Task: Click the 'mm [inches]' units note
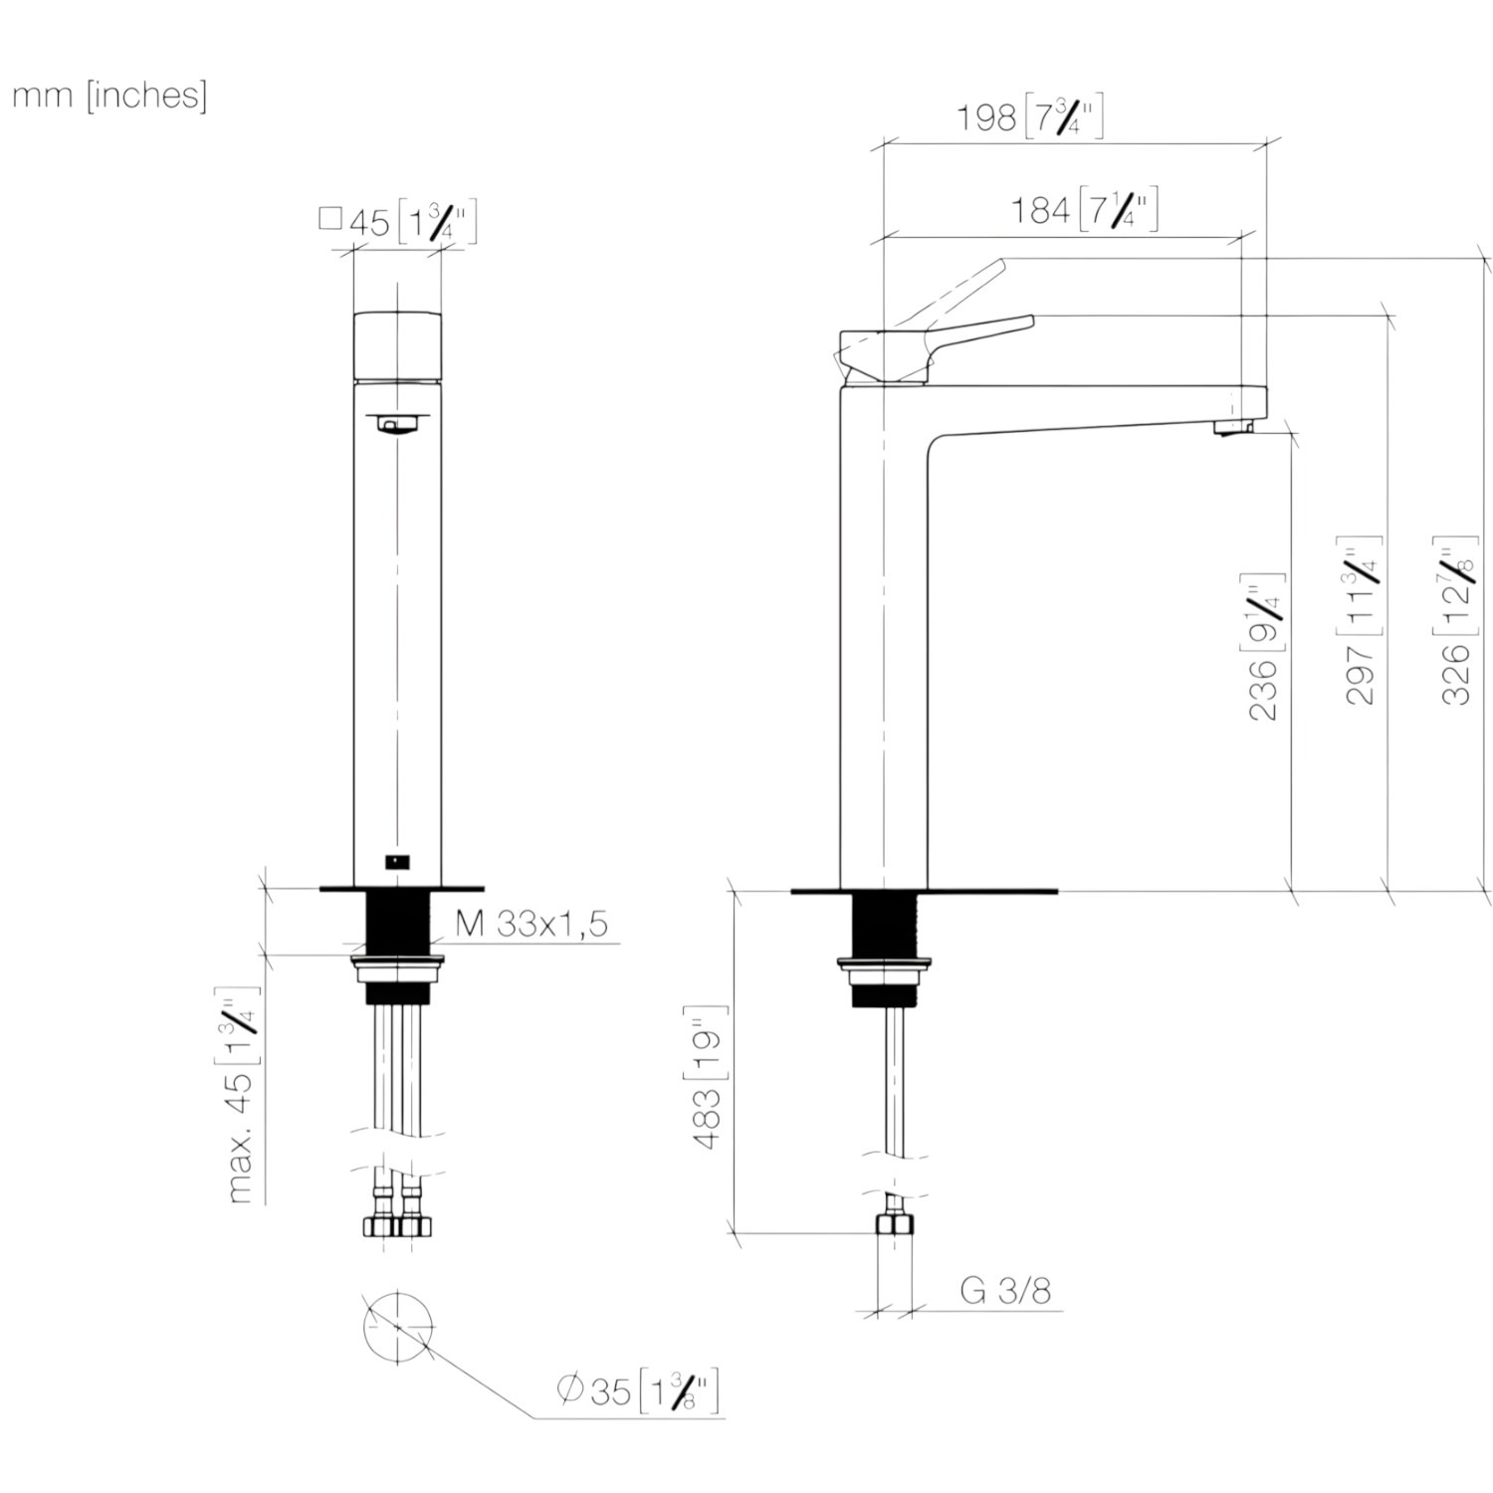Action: pos(109,96)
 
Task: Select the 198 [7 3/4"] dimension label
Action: pos(1030,116)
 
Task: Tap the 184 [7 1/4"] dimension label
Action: pos(1085,209)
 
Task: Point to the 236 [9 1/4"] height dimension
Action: pos(1265,647)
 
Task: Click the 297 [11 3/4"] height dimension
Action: pos(1361,626)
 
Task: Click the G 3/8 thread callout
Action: pos(1005,1290)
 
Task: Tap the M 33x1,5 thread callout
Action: pos(532,924)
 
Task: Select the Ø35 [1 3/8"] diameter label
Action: pos(638,1389)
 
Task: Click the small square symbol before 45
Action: pos(330,218)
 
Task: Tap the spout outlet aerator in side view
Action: pos(1231,427)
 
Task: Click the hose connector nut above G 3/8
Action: pos(894,1224)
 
